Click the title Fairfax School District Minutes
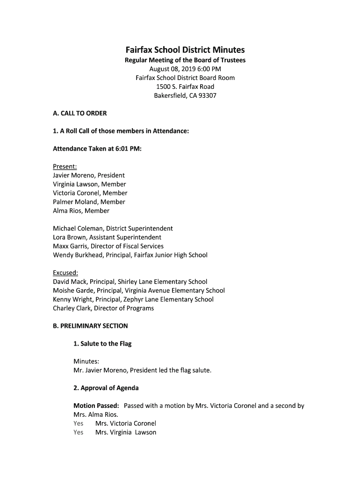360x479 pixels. [185, 50]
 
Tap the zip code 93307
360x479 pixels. [207, 96]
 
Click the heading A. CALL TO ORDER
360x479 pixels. [80, 113]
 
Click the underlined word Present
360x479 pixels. [65, 167]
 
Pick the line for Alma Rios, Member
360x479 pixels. [81, 211]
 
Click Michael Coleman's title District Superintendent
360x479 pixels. [139, 229]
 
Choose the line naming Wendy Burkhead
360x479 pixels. [130, 255]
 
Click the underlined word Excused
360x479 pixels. [65, 273]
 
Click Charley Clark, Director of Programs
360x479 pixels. [103, 308]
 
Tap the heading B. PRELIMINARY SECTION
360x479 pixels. [90, 326]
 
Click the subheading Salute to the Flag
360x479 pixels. [106, 344]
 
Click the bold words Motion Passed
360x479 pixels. [96, 406]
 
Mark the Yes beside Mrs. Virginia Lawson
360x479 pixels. [79, 433]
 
